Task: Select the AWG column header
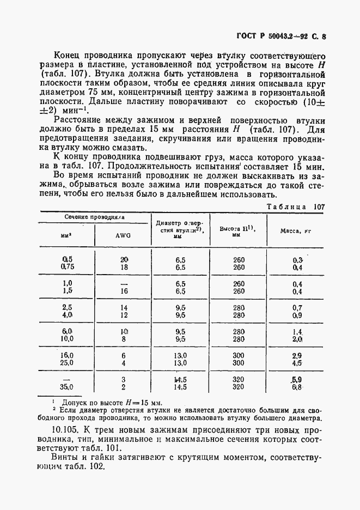tap(123, 236)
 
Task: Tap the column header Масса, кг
tap(295, 231)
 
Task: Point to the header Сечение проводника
tap(95, 217)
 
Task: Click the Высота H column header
tap(237, 231)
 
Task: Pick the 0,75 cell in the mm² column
tap(68, 267)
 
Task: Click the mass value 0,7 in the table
tap(297, 307)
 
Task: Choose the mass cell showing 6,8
tap(297, 387)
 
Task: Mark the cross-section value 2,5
tap(68, 307)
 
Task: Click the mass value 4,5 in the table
tap(297, 363)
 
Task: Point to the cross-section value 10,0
tap(68, 339)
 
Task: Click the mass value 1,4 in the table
tap(297, 331)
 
